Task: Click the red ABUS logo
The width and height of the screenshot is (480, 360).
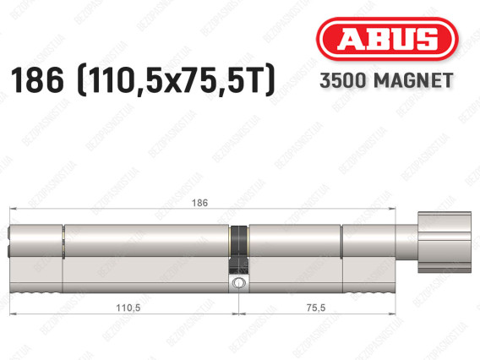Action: click(387, 39)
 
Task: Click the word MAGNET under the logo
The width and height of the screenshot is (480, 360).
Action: click(413, 80)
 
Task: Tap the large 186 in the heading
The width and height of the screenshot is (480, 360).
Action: click(37, 80)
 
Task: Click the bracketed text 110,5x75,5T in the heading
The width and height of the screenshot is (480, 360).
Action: click(176, 80)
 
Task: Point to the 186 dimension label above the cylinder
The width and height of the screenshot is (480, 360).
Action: click(199, 203)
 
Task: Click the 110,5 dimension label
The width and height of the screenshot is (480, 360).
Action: click(128, 308)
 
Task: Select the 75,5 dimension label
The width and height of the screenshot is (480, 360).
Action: click(316, 308)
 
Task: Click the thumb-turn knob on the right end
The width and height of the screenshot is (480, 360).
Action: click(445, 243)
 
